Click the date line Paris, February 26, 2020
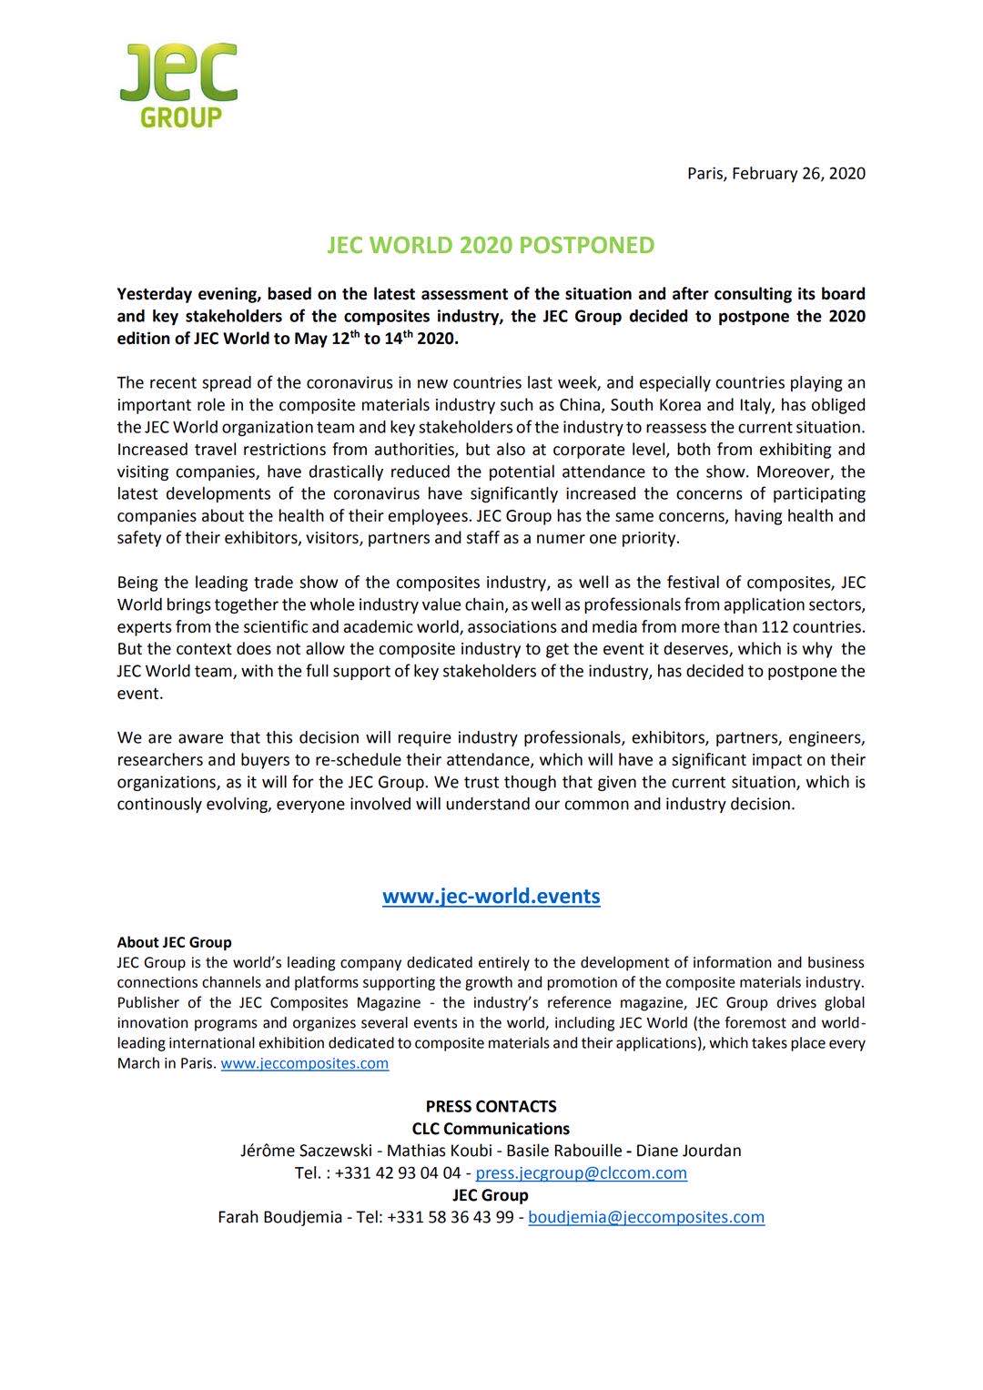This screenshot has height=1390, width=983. (775, 173)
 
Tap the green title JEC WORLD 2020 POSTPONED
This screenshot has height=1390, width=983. (491, 245)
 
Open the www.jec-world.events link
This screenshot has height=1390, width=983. (491, 896)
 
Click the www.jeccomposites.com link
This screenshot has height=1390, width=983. (304, 1063)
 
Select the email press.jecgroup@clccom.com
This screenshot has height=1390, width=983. (581, 1172)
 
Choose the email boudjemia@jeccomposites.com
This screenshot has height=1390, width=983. (645, 1217)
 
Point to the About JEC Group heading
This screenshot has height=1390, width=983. (174, 942)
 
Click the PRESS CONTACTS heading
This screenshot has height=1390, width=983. (491, 1106)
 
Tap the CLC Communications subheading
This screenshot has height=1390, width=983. (491, 1129)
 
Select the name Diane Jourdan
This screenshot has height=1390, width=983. (688, 1151)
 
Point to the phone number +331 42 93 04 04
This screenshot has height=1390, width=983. (398, 1172)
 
